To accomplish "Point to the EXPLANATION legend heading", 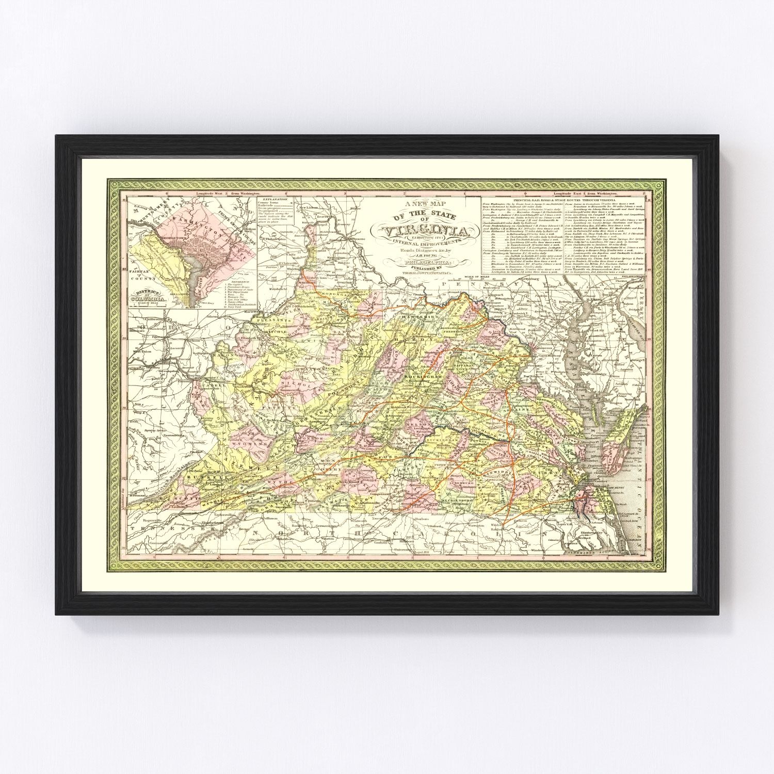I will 273,199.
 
